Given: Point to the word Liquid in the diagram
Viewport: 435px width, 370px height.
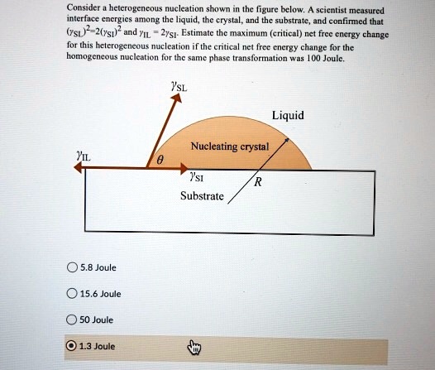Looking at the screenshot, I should point(287,115).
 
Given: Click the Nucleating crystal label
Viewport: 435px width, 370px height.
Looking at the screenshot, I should point(229,146).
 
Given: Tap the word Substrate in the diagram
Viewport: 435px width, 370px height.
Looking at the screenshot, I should point(201,196).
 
